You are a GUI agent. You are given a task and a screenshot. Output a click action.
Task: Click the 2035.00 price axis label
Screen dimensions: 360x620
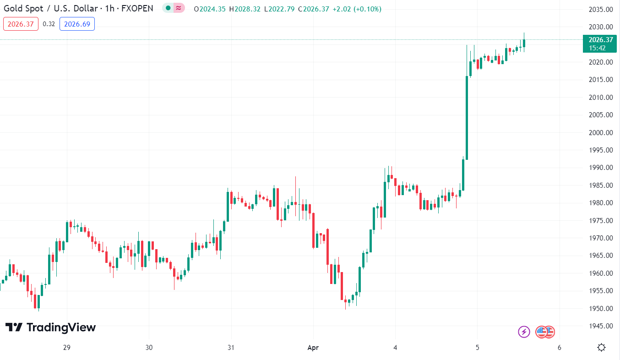click(x=600, y=9)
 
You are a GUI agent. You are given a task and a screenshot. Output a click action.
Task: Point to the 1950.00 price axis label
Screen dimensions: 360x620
click(x=600, y=308)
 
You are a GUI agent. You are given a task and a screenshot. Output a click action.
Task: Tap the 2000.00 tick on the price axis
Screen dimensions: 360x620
click(x=600, y=132)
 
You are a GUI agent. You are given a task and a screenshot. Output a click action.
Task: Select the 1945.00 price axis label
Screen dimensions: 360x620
click(x=600, y=326)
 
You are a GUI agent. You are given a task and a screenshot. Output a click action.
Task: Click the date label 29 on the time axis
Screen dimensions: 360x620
click(x=67, y=348)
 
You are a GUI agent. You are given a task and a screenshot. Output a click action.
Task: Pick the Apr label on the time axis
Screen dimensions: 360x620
click(x=313, y=348)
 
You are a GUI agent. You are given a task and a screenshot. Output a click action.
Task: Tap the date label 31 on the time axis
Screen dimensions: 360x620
click(x=231, y=348)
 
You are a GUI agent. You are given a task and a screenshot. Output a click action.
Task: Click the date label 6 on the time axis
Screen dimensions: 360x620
click(x=559, y=348)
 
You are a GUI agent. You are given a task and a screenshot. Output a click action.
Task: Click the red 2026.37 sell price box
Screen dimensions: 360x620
click(x=21, y=24)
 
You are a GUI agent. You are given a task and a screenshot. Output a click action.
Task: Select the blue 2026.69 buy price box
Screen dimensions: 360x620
click(x=77, y=24)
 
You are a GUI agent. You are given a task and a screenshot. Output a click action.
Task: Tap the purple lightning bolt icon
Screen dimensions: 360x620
click(x=524, y=332)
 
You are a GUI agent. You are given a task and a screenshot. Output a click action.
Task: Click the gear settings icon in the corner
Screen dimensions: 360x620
click(x=602, y=348)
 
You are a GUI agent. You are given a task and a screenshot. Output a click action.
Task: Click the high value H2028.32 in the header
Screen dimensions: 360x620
click(x=245, y=9)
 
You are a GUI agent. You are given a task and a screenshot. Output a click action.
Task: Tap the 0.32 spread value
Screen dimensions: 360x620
click(x=49, y=24)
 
